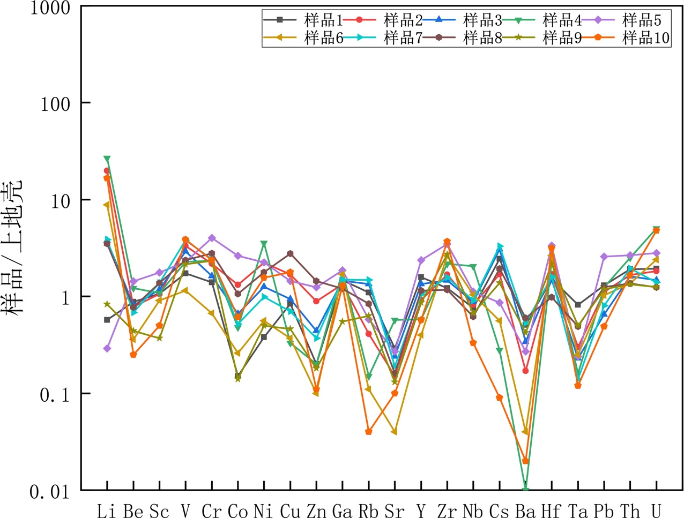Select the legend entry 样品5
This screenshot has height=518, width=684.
pyautogui.click(x=641, y=20)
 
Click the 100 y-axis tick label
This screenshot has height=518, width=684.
pyautogui.click(x=55, y=103)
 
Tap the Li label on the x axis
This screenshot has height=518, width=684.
pyautogui.click(x=107, y=511)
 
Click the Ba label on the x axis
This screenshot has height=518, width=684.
pyautogui.click(x=525, y=511)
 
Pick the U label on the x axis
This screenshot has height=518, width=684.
pyautogui.click(x=656, y=511)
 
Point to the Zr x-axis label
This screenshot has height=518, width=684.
pyautogui.click(x=447, y=511)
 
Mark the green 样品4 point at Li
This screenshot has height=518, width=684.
pyautogui.click(x=107, y=159)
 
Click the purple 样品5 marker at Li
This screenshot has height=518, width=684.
pyautogui.click(x=107, y=348)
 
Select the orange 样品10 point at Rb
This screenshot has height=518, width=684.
pyautogui.click(x=368, y=432)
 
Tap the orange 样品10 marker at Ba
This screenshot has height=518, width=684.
pyautogui.click(x=525, y=461)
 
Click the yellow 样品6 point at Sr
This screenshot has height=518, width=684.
pyautogui.click(x=395, y=432)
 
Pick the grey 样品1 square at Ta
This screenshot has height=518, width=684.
pyautogui.click(x=578, y=305)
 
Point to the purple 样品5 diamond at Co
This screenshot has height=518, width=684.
pyautogui.click(x=238, y=256)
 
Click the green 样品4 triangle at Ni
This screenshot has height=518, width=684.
pyautogui.click(x=264, y=244)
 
